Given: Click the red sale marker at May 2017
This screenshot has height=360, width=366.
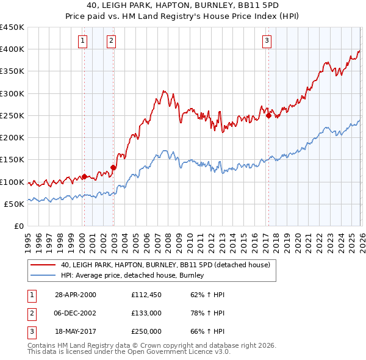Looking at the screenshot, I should click(268, 115).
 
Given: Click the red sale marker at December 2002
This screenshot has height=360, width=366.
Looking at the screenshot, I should click(113, 167).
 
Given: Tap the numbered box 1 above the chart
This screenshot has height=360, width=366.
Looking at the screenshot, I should click(82, 41).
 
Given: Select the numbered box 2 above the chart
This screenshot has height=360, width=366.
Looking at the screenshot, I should click(111, 41).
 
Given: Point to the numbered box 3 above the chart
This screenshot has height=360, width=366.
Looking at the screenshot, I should click(267, 41).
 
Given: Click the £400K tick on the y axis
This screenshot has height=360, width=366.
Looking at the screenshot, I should click(12, 49).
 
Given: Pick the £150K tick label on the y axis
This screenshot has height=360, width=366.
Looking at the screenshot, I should click(12, 160).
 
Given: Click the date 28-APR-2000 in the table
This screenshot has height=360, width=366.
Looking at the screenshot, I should click(75, 295).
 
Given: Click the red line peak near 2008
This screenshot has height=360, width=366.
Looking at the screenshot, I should click(164, 91).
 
